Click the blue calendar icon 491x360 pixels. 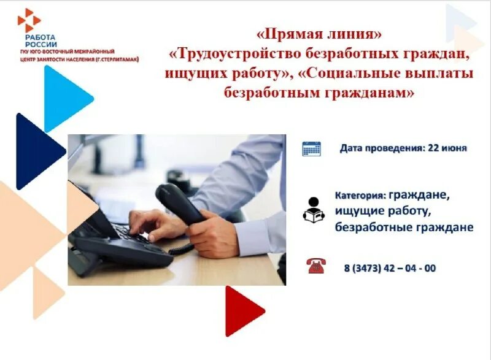pos(311,148)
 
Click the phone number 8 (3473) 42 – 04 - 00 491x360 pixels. pos(390,268)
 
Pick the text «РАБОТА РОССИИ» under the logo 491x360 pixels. pos(41,41)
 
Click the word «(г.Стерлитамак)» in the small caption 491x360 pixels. pos(116,59)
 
